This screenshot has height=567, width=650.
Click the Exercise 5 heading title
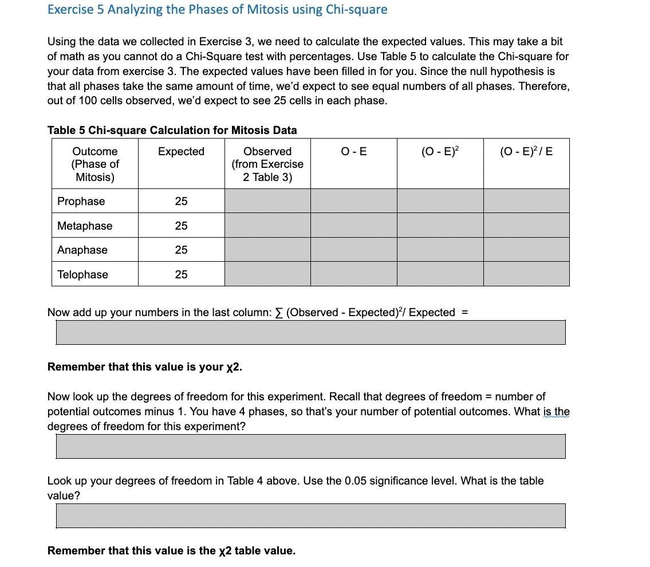[217, 10]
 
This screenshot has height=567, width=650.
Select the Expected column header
[181, 151]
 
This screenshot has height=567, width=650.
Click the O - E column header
[353, 151]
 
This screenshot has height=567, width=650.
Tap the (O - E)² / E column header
[526, 151]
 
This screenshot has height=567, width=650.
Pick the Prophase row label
[81, 201]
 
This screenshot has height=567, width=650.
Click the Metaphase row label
[85, 226]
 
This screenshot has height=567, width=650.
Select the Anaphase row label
[82, 250]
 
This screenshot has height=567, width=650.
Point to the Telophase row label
[82, 274]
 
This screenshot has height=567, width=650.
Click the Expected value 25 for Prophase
[181, 201]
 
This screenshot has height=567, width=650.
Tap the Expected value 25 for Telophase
[181, 274]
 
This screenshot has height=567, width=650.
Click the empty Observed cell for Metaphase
[267, 226]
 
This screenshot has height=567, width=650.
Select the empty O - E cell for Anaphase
[353, 250]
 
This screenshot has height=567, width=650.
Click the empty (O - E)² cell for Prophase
[440, 201]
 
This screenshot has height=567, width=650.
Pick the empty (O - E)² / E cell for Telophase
[526, 274]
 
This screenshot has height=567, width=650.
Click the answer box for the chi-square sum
[310, 332]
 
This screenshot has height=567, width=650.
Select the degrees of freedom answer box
[310, 446]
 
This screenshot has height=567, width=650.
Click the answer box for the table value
[310, 515]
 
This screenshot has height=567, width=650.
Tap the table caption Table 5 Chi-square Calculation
[172, 130]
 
